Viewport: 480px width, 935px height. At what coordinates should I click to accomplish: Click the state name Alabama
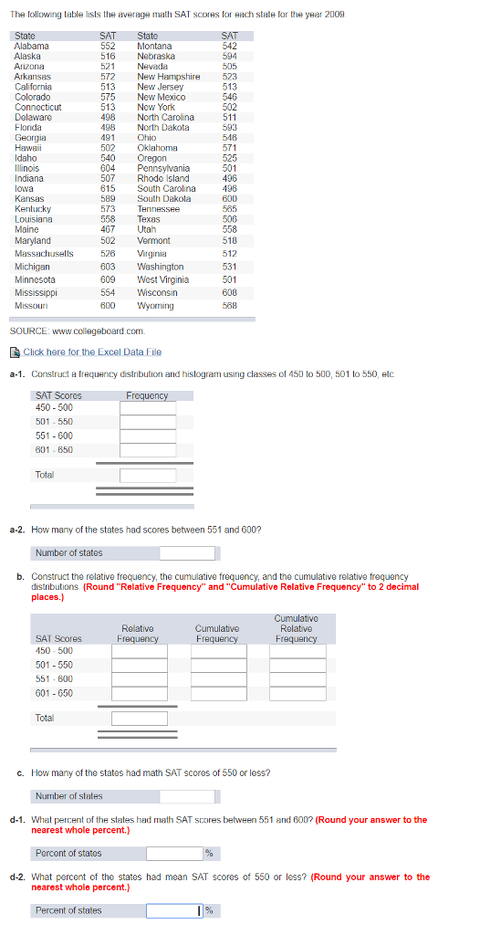tap(32, 46)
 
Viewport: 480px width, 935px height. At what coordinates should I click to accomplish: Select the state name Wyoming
tap(155, 306)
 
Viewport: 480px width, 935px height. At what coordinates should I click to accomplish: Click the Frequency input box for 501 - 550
tap(148, 422)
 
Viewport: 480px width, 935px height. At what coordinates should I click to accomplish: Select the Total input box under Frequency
tap(148, 475)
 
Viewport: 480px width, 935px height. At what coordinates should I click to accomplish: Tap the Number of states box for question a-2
tap(187, 552)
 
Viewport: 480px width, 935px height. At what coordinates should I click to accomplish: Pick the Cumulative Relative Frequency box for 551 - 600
tap(296, 678)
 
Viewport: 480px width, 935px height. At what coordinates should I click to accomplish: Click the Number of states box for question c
tap(187, 796)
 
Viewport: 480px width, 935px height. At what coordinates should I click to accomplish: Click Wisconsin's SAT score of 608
tap(229, 293)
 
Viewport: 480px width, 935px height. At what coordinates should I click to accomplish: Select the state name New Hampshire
tap(169, 77)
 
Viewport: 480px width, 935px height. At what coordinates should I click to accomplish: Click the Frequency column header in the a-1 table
tap(147, 395)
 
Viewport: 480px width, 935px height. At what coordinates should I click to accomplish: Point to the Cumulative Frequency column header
tap(217, 634)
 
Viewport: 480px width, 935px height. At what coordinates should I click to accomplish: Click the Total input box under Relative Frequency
tap(140, 718)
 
